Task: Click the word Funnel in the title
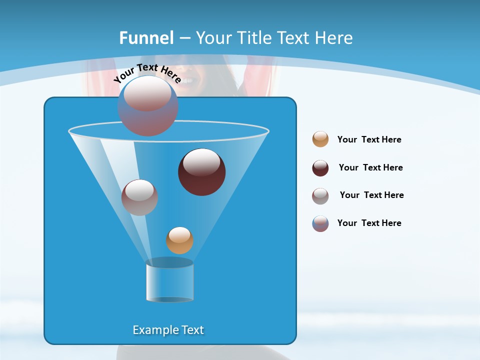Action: tap(146, 38)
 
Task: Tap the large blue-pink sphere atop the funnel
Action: tap(147, 106)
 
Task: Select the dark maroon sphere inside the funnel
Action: tap(201, 172)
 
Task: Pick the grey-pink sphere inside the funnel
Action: tap(139, 197)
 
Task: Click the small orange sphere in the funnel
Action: tap(179, 240)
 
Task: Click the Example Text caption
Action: tap(168, 330)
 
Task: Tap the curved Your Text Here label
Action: tap(146, 73)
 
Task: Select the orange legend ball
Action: tap(320, 139)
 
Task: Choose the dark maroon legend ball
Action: tap(320, 168)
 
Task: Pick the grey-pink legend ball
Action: tap(320, 196)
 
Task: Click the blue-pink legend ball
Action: tap(320, 223)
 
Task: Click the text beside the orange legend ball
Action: tap(369, 139)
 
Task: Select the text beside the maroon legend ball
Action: tap(370, 167)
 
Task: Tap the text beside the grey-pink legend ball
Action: tap(371, 195)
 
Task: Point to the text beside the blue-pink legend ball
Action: tap(369, 223)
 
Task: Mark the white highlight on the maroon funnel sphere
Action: tap(202, 162)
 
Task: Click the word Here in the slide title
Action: tap(334, 38)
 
